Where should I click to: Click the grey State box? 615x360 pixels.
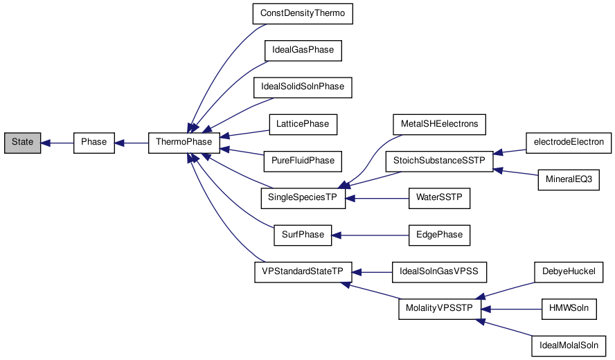(x=22, y=143)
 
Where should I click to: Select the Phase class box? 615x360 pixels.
(x=93, y=143)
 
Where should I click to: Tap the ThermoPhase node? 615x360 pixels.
(x=184, y=143)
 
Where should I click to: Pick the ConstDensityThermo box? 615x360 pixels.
(x=303, y=14)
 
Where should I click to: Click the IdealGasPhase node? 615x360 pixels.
(x=303, y=51)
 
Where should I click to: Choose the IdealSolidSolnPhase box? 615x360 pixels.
(x=303, y=87)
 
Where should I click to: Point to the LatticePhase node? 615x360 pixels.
(x=303, y=124)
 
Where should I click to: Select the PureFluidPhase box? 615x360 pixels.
(x=303, y=161)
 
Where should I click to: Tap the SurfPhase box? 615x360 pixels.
(x=303, y=235)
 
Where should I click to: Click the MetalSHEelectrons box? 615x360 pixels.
(x=439, y=124)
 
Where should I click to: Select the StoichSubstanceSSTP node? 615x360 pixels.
(x=439, y=161)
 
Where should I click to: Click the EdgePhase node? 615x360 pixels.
(x=439, y=235)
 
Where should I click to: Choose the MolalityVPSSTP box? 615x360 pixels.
(x=439, y=308)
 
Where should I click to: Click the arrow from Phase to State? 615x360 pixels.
(x=57, y=143)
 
